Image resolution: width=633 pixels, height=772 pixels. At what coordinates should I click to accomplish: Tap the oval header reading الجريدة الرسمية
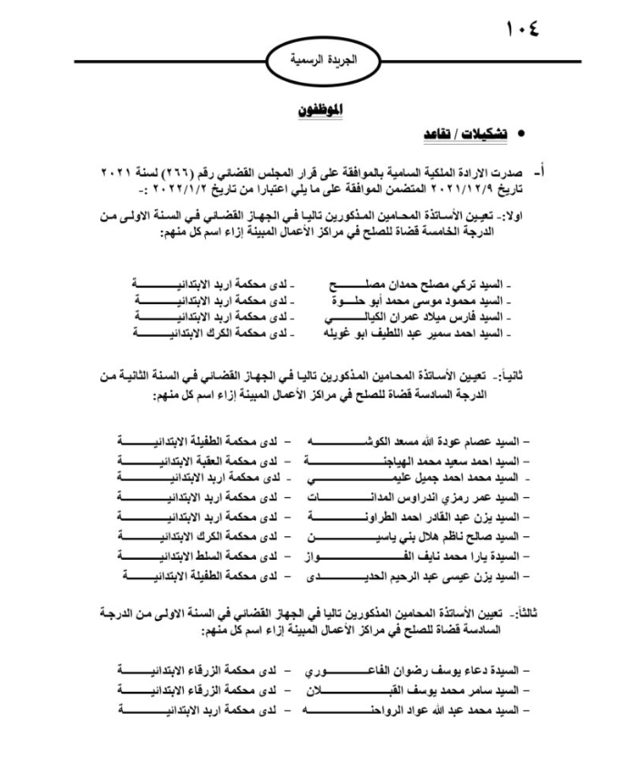click(317, 63)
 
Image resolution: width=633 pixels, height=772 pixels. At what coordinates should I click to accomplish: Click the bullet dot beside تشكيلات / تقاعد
click(523, 135)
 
